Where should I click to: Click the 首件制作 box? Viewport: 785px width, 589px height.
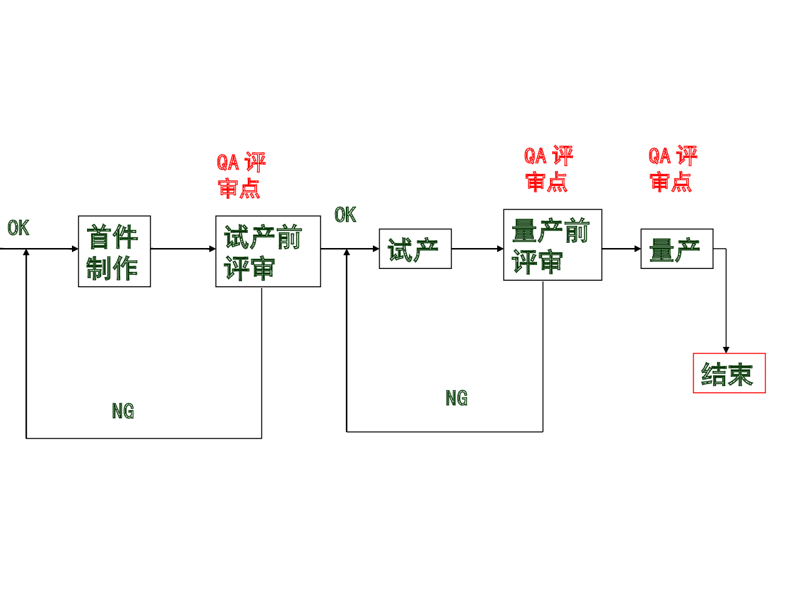point(114,251)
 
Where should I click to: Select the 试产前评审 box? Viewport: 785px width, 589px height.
point(268,251)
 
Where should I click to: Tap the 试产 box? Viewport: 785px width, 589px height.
point(415,249)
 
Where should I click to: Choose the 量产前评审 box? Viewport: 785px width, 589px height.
point(553,245)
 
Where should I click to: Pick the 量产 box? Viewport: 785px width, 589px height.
point(676,249)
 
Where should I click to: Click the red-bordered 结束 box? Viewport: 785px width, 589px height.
point(729,373)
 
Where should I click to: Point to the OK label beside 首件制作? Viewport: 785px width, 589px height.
point(18,228)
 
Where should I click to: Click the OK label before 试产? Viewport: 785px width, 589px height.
point(345,215)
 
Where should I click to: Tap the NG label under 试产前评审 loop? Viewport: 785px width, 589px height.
point(123,410)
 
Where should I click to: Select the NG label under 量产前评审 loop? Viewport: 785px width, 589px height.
point(457,398)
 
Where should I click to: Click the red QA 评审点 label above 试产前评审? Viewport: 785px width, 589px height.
point(241,175)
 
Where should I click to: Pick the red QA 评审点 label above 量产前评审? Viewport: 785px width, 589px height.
point(548,168)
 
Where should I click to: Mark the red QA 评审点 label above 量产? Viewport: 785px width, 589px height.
point(672,168)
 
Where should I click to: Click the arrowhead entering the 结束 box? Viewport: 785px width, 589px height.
point(726,349)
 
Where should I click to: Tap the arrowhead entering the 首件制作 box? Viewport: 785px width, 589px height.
point(75,249)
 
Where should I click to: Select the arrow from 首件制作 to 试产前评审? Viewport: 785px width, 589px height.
point(183,249)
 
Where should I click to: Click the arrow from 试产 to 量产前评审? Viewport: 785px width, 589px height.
point(478,249)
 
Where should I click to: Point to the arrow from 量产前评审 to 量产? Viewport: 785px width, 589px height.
point(621,249)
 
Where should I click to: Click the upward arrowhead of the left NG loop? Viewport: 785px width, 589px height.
point(26,252)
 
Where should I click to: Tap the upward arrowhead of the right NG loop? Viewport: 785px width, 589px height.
point(347,252)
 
